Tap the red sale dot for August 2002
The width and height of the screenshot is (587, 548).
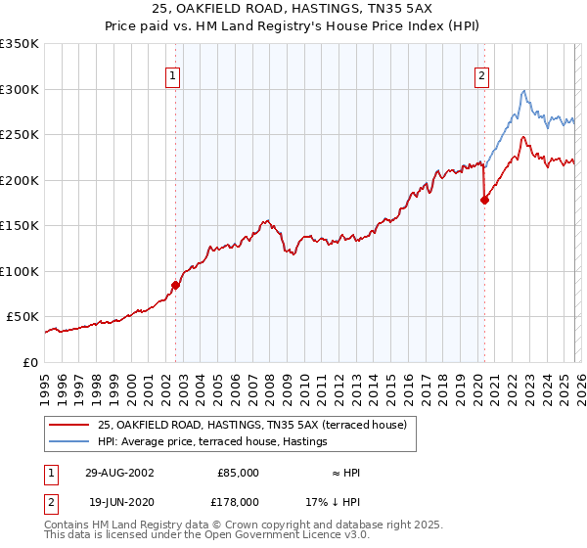176,285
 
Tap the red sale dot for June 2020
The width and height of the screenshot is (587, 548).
484,201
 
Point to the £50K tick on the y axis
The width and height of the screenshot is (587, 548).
23,317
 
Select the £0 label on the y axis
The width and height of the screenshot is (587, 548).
31,362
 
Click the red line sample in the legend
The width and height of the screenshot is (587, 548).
69,425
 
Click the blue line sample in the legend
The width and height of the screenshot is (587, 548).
69,442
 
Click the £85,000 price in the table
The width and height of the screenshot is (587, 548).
238,473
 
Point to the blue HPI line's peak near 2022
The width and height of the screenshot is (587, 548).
524,91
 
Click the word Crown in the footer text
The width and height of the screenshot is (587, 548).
211,525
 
